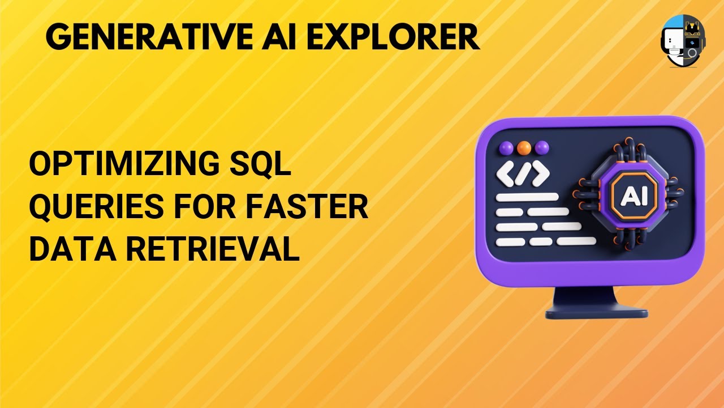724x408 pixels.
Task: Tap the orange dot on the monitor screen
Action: point(524,148)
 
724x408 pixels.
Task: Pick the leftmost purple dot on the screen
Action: point(506,148)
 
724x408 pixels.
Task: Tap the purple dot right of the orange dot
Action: point(542,148)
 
